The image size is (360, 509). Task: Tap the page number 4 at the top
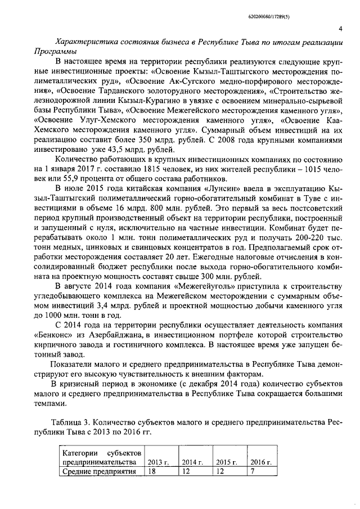point(341,29)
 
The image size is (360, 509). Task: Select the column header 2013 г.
point(157,462)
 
